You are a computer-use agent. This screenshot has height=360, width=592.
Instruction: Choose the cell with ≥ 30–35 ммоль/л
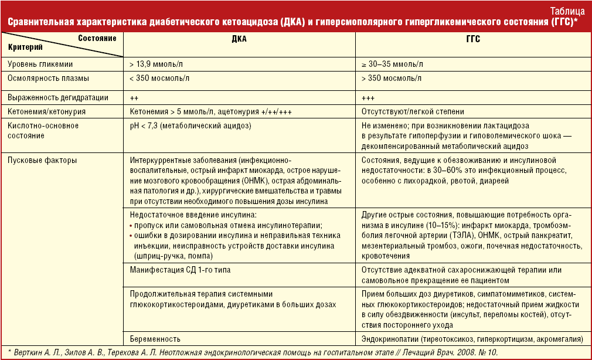[x=392, y=64]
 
